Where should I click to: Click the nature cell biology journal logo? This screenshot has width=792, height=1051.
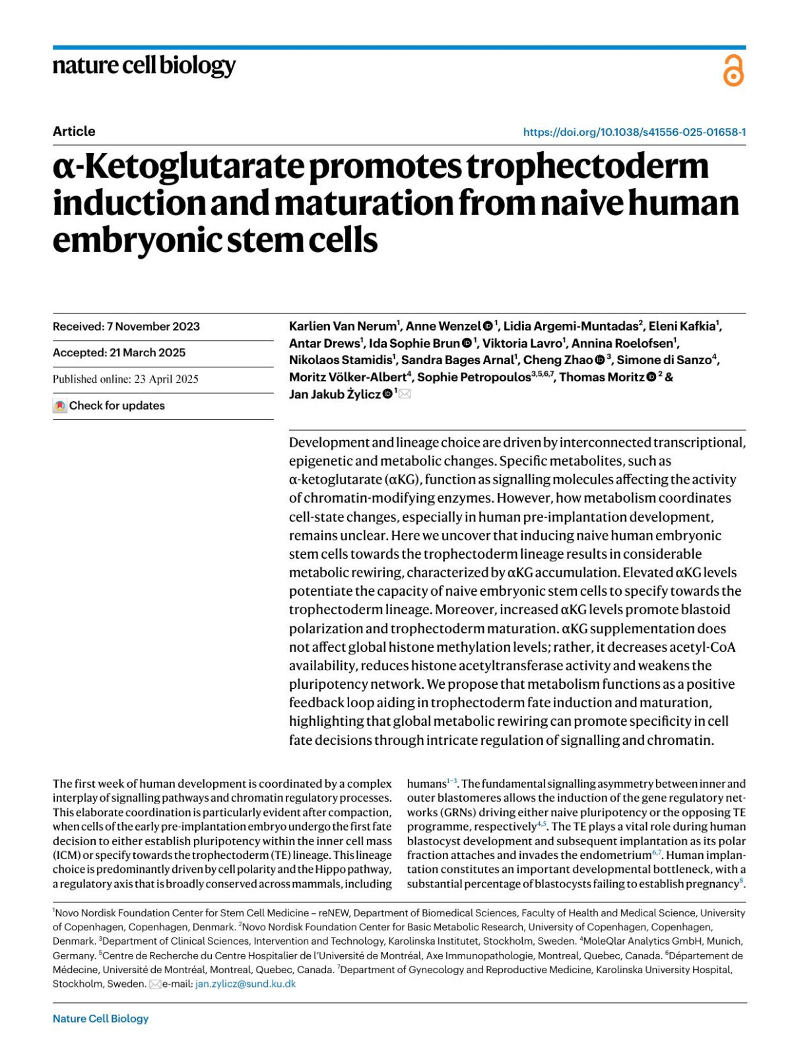tap(144, 66)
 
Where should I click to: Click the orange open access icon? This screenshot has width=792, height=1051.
tap(733, 71)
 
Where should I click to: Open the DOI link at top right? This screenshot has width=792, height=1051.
tap(634, 132)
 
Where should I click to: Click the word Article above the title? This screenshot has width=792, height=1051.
tap(74, 131)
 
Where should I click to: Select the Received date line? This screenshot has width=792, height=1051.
tap(126, 327)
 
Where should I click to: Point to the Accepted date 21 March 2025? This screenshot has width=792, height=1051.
tap(147, 352)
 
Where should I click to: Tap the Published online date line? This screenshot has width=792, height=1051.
tap(125, 379)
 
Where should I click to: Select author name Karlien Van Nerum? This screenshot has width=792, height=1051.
tap(342, 326)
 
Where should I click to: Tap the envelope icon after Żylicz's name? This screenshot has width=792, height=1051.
tap(405, 395)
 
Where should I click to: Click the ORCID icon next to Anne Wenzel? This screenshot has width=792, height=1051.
tap(488, 326)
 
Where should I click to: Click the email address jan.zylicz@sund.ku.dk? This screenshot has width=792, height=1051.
tap(246, 984)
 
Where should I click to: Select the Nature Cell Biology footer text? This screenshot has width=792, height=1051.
tap(100, 1018)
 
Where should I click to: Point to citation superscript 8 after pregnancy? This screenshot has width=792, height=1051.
tap(741, 881)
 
